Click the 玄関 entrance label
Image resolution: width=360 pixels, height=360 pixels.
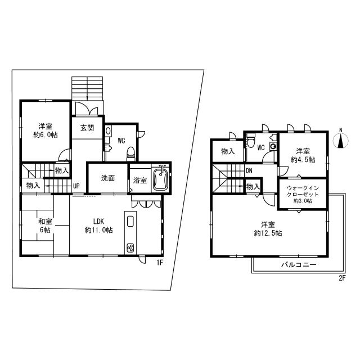click(87, 128)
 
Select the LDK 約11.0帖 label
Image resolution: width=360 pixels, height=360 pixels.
click(98, 226)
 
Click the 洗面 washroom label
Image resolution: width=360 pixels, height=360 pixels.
click(108, 179)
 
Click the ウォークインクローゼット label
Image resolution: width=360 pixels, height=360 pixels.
click(303, 193)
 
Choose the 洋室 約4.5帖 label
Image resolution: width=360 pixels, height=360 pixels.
click(303, 155)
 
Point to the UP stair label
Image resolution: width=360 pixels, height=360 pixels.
click(75, 186)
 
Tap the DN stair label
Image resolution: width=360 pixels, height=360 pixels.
click(249, 170)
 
